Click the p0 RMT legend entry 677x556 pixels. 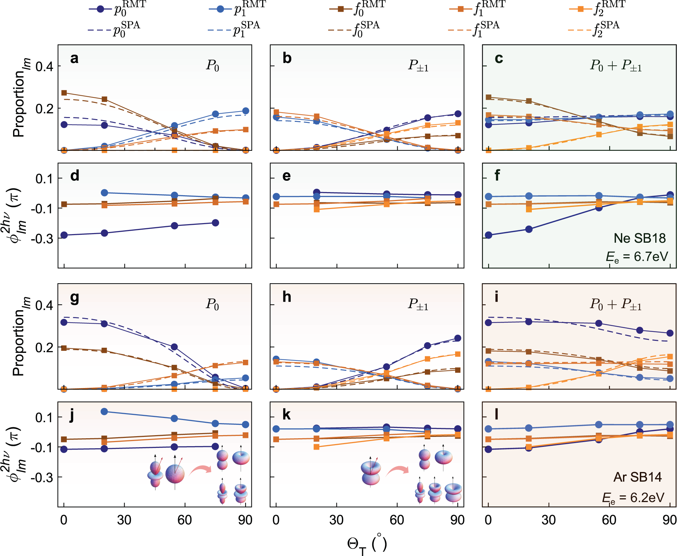click(x=117, y=9)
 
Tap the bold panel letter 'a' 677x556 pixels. click(x=74, y=59)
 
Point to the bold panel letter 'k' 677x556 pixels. click(x=287, y=415)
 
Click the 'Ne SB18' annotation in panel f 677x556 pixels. click(x=640, y=238)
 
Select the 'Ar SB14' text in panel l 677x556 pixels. click(x=637, y=477)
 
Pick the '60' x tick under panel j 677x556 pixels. click(x=185, y=520)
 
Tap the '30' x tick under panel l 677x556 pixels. click(x=548, y=520)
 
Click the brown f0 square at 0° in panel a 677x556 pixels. click(x=64, y=93)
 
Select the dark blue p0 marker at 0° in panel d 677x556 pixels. click(x=64, y=235)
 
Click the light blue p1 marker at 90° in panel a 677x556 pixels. click(x=246, y=111)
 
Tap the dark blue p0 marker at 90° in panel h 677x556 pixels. click(x=458, y=338)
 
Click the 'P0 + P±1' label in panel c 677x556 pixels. click(x=615, y=65)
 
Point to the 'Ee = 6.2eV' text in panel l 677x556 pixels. click(x=633, y=498)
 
